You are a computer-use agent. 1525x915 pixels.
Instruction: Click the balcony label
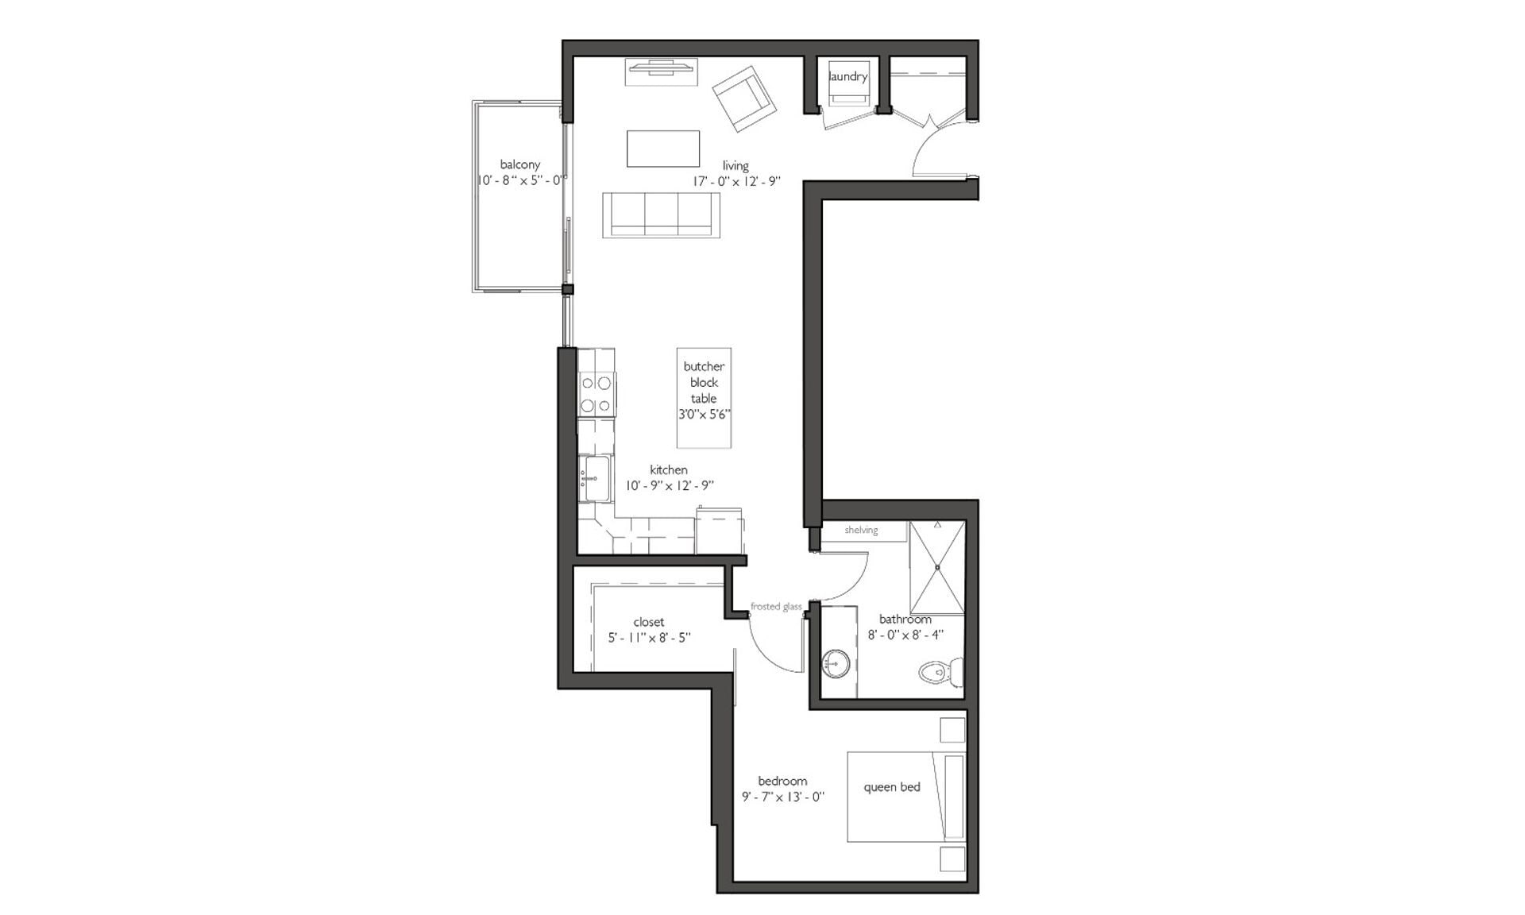(519, 164)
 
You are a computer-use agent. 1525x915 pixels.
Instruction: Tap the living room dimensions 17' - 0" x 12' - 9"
(736, 181)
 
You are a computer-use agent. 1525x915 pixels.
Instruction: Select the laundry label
(847, 76)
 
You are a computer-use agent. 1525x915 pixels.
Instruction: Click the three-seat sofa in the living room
(661, 214)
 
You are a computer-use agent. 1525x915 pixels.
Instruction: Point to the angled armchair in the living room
(743, 99)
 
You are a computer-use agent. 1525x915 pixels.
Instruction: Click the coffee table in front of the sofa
(663, 149)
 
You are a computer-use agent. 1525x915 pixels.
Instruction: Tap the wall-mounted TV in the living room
(662, 71)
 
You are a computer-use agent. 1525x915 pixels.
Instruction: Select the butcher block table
(704, 397)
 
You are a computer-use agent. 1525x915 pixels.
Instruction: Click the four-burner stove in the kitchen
(596, 394)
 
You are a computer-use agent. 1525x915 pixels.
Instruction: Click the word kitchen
(669, 469)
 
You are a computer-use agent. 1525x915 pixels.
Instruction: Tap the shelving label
(861, 530)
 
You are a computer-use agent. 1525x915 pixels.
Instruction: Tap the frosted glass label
(776, 607)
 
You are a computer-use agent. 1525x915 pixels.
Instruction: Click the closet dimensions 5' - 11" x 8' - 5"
(649, 637)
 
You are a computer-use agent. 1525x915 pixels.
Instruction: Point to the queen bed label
(891, 787)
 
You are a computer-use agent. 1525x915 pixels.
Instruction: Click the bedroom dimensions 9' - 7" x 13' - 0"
(783, 797)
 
